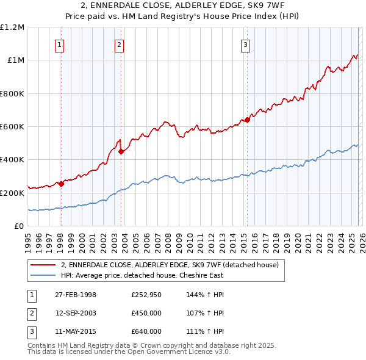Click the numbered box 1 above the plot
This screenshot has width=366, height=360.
pyautogui.click(x=60, y=45)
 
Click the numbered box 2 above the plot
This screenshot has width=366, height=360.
pyautogui.click(x=119, y=45)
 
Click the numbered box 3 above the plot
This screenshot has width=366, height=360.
pyautogui.click(x=245, y=45)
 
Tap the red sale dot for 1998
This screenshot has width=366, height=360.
pyautogui.click(x=61, y=184)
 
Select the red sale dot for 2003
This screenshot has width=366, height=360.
pyautogui.click(x=121, y=151)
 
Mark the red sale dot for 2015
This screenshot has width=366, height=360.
pyautogui.click(x=247, y=120)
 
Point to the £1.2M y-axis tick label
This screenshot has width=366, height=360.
pyautogui.click(x=12, y=27)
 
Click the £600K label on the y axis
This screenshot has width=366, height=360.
pyautogui.click(x=12, y=126)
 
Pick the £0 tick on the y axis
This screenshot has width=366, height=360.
pyautogui.click(x=20, y=226)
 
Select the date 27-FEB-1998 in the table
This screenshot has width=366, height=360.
pyautogui.click(x=75, y=295)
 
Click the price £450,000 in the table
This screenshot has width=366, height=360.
pyautogui.click(x=146, y=313)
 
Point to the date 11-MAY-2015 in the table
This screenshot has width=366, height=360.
pyautogui.click(x=75, y=331)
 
